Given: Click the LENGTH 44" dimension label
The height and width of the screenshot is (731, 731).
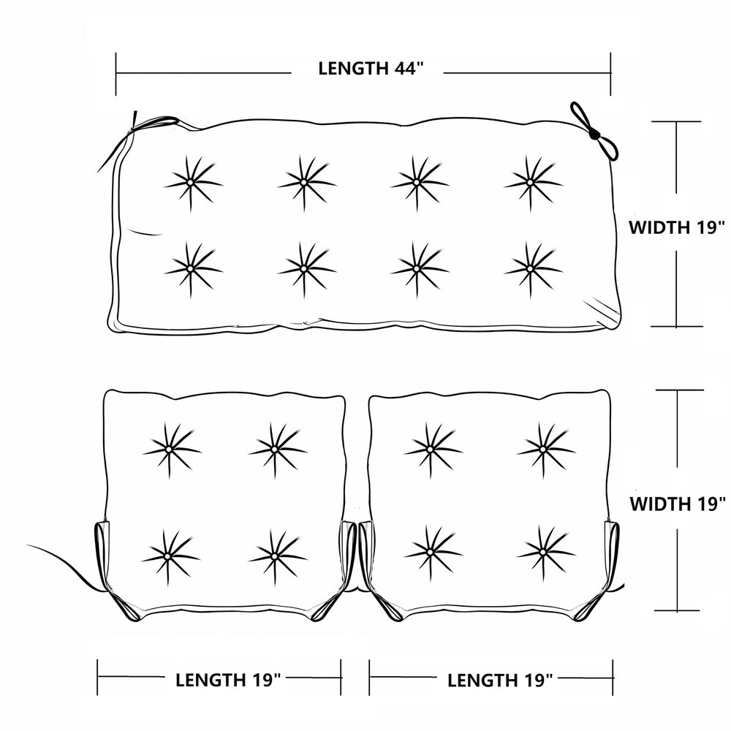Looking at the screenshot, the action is click(371, 69).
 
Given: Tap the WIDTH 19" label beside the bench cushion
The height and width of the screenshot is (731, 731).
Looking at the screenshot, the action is click(678, 227).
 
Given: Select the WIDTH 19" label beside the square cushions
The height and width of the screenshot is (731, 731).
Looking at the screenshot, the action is click(678, 504).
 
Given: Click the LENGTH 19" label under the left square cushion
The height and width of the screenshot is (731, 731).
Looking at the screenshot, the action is click(228, 680).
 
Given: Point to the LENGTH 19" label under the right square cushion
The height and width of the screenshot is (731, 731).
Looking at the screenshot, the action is click(500, 681).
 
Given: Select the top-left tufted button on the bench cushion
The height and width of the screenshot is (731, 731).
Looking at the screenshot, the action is click(191, 182).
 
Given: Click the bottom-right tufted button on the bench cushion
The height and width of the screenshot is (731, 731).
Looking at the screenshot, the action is click(530, 269).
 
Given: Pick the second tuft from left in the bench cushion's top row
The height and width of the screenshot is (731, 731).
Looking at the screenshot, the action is click(304, 182).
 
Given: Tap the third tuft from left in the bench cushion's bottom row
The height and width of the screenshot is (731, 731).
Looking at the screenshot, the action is click(417, 269).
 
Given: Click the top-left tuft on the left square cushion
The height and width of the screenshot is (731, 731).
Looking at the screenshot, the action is click(169, 450).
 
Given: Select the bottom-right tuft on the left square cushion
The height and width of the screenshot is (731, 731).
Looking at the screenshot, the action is click(275, 556).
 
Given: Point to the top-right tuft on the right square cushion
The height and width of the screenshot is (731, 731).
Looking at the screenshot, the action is click(543, 450).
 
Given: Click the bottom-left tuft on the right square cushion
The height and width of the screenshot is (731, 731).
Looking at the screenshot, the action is click(431, 553).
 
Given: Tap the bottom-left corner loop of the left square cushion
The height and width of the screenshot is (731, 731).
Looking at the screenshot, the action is click(125, 606).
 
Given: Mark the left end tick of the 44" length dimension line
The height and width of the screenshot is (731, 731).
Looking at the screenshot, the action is click(116, 74).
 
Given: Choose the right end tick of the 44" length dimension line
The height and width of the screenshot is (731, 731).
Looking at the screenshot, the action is click(610, 74).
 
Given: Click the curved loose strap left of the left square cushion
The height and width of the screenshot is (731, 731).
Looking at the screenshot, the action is click(65, 563).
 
